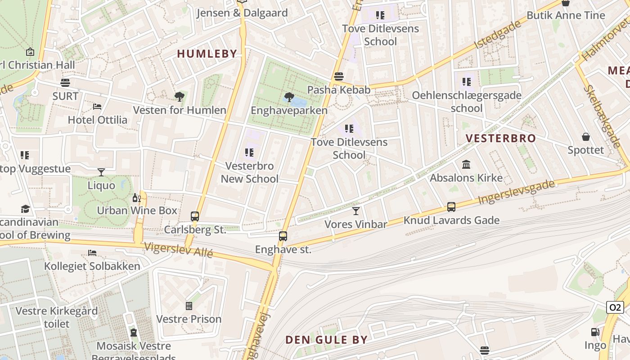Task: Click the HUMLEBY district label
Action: (x=207, y=54)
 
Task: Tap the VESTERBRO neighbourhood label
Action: (x=500, y=138)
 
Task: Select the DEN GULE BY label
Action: (x=326, y=340)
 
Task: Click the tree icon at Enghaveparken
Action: (x=289, y=97)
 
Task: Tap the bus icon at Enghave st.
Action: (x=283, y=236)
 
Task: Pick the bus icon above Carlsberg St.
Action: (x=195, y=216)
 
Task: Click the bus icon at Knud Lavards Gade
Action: (x=451, y=207)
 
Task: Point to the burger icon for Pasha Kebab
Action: (x=339, y=76)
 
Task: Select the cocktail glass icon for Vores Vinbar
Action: (x=356, y=211)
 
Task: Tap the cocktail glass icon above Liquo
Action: (x=101, y=172)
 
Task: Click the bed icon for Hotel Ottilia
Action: (x=97, y=107)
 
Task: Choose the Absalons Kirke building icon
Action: (x=466, y=165)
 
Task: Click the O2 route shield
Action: (x=615, y=307)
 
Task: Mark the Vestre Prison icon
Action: (x=189, y=306)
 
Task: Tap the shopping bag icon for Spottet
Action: (x=586, y=136)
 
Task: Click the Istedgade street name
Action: (x=497, y=35)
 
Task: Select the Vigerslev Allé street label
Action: (x=178, y=250)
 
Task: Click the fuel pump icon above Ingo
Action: (x=595, y=332)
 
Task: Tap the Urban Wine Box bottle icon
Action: (x=136, y=198)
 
